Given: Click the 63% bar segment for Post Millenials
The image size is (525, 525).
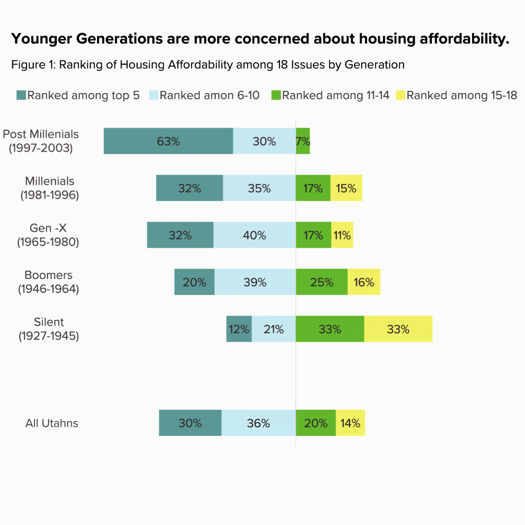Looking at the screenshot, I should click(x=168, y=141).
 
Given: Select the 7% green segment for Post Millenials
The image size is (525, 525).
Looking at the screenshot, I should click(x=303, y=141).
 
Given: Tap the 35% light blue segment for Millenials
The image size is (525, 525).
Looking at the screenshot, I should click(x=259, y=188).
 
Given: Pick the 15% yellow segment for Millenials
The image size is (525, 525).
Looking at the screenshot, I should click(x=346, y=188).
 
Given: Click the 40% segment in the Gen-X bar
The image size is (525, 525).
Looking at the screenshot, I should click(x=255, y=235).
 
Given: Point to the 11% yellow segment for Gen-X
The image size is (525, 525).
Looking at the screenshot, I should click(x=342, y=235).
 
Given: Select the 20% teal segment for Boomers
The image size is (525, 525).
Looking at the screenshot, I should click(x=194, y=282).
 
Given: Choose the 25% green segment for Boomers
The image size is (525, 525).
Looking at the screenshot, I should click(x=322, y=282).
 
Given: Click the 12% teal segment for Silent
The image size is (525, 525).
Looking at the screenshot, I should click(x=239, y=329).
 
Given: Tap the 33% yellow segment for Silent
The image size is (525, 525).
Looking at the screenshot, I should click(x=398, y=329).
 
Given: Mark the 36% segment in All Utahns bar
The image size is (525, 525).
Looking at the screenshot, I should click(x=259, y=423).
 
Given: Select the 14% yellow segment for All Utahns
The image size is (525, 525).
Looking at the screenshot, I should click(x=350, y=423).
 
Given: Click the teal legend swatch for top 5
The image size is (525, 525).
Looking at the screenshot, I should click(x=21, y=95).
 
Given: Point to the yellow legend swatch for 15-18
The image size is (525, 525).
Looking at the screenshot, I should click(x=401, y=95).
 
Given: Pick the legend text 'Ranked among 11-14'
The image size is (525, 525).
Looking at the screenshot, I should click(x=336, y=95).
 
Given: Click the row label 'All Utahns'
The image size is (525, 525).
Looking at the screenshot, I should click(x=52, y=423).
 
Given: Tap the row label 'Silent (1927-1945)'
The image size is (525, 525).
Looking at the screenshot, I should click(x=49, y=329).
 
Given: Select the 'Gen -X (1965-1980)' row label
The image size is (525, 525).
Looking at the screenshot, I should click(x=48, y=235).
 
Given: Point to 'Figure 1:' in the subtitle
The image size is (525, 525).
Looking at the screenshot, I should click(x=33, y=65).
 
